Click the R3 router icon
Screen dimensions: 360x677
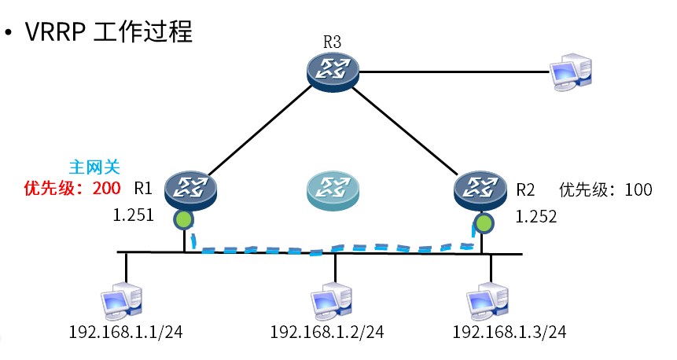pyautogui.click(x=333, y=70)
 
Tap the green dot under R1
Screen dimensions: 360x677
pyautogui.click(x=183, y=220)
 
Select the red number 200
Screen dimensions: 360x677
pyautogui.click(x=106, y=189)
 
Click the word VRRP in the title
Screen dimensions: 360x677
pyautogui.click(x=56, y=33)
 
